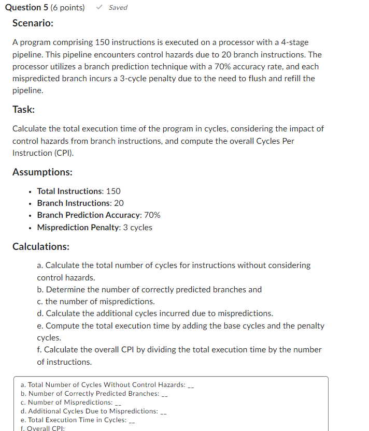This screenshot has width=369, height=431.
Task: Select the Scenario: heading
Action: coord(33,24)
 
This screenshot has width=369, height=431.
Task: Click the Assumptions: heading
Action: coord(42,172)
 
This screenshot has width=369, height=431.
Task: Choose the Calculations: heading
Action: coord(41,246)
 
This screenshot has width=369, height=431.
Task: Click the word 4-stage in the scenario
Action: coord(294,42)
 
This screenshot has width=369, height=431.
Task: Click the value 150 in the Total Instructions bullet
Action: coord(113,191)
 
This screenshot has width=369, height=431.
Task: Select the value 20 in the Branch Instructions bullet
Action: coord(119,203)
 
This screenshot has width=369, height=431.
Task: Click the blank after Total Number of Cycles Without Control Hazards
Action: coord(190,385)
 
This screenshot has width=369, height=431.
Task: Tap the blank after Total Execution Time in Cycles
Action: coord(132,421)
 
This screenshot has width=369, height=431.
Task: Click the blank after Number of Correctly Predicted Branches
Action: coord(165,394)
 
